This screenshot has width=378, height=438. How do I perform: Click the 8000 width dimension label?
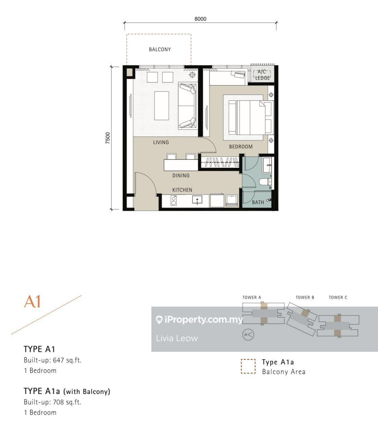[x=200, y=19]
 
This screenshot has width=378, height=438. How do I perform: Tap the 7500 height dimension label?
[x=108, y=138]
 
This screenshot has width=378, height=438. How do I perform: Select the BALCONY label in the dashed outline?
[x=160, y=49]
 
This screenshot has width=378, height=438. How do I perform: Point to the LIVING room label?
[x=161, y=142]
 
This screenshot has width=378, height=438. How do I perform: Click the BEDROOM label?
[x=241, y=146]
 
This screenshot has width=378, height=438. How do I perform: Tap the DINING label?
[x=181, y=176]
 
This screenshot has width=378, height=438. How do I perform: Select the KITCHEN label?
[x=182, y=190]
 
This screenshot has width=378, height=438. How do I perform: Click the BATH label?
[x=258, y=202]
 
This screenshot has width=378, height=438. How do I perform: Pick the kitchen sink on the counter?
[x=197, y=200]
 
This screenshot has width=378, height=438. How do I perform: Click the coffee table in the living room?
[x=161, y=105]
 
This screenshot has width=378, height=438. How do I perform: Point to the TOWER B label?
[x=305, y=297]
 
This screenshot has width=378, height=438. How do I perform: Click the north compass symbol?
[x=248, y=335]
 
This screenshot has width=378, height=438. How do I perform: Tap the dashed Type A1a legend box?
[x=248, y=366]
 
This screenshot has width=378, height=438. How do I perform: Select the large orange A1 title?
[x=32, y=301]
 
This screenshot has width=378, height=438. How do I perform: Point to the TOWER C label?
[x=338, y=297]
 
